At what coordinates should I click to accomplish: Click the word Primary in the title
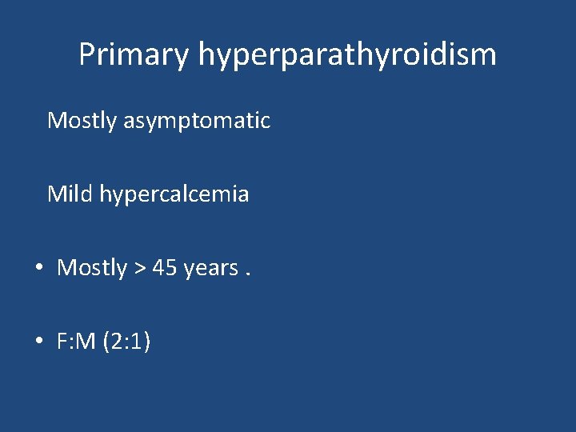click(x=134, y=55)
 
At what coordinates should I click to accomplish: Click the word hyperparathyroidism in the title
click(x=347, y=55)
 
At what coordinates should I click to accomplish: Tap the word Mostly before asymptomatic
click(x=82, y=122)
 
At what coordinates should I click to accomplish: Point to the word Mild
click(x=70, y=194)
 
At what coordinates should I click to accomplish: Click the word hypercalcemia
click(x=174, y=194)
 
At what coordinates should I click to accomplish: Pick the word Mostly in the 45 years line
click(x=92, y=268)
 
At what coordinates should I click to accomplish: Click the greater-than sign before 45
click(x=139, y=269)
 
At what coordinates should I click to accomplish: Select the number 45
click(x=164, y=268)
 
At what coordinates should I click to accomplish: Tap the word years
click(x=210, y=269)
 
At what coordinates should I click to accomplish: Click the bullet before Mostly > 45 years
click(x=39, y=269)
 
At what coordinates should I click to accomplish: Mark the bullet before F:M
click(x=39, y=342)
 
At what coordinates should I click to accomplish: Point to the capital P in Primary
click(x=86, y=54)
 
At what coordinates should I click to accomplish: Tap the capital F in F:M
click(x=62, y=342)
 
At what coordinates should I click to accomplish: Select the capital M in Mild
click(x=56, y=194)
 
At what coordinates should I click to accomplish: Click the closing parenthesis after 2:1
click(x=148, y=342)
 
